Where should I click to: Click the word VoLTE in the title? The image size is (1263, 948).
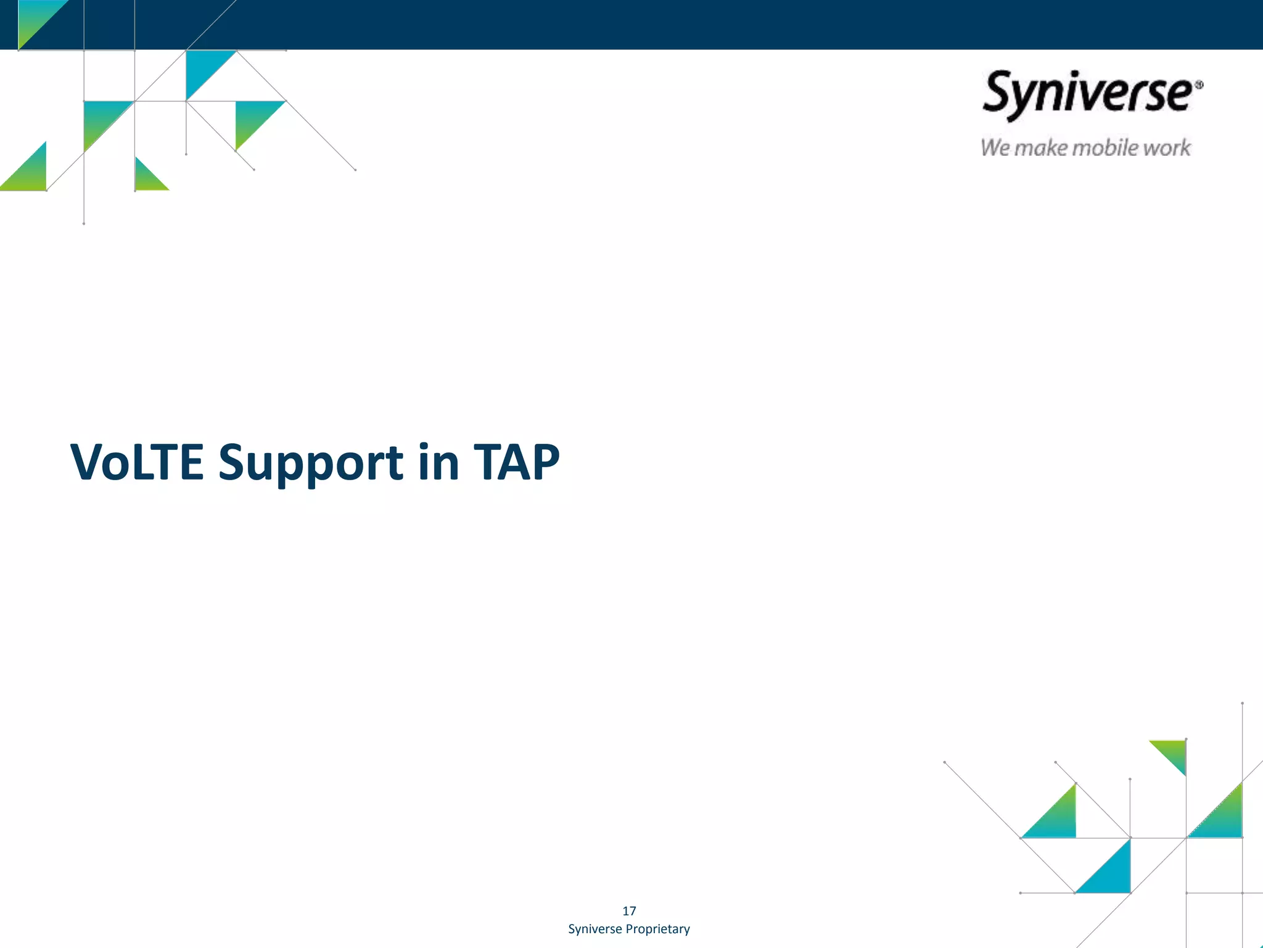point(136,462)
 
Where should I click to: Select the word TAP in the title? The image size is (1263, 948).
point(516,462)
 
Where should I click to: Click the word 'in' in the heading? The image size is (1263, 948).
point(438,462)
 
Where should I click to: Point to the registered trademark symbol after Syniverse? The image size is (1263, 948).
point(1198,85)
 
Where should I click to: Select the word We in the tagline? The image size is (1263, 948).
point(995,148)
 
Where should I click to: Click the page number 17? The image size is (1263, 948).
point(629,911)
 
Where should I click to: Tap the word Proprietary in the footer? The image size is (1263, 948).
point(657,929)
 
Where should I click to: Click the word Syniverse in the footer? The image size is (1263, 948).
point(594,929)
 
